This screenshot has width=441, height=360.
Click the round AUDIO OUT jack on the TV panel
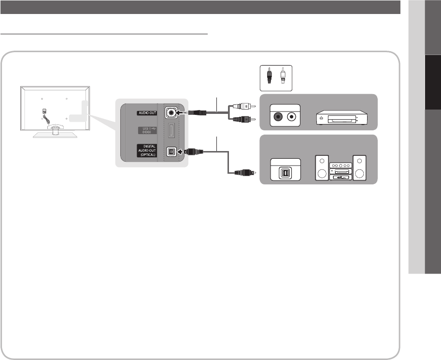pos(170,112)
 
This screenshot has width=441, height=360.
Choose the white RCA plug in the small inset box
pos(282,77)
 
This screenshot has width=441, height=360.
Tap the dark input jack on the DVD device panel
pos(278,117)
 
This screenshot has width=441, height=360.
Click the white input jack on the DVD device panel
pos(292,117)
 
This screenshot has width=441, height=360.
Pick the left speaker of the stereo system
pos(321,168)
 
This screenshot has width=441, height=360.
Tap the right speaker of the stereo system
pos(359,168)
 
